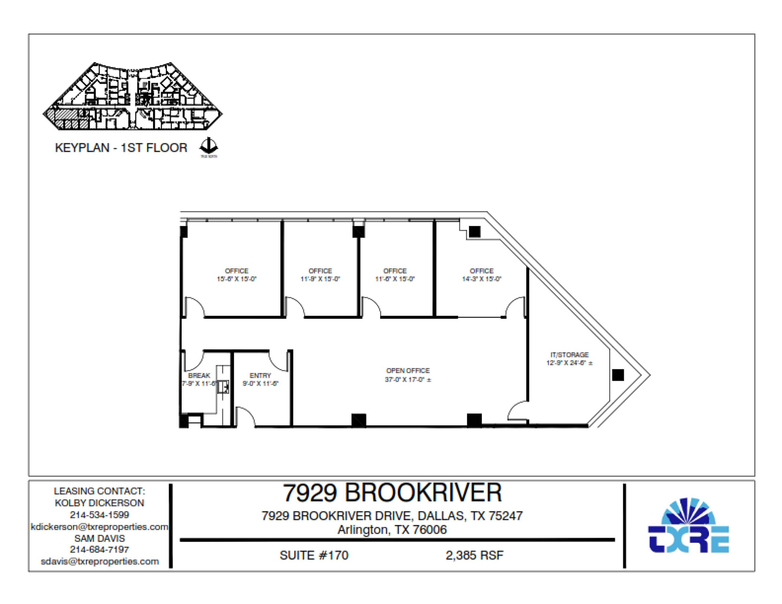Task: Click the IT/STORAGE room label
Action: pyautogui.click(x=569, y=355)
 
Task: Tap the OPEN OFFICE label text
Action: pyautogui.click(x=408, y=371)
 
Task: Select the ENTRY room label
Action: pyautogui.click(x=260, y=375)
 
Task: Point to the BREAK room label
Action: pyautogui.click(x=199, y=375)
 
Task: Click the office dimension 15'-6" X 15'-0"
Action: pyautogui.click(x=236, y=279)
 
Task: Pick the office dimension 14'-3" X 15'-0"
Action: pyautogui.click(x=481, y=279)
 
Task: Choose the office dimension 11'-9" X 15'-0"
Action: pyautogui.click(x=320, y=279)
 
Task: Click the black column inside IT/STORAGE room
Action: pyautogui.click(x=618, y=375)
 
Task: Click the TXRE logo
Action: pyautogui.click(x=688, y=526)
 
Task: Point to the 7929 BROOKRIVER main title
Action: pyautogui.click(x=392, y=493)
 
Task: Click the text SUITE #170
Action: pyautogui.click(x=314, y=555)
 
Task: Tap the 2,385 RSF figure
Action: pyautogui.click(x=474, y=555)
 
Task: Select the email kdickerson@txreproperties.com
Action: pyautogui.click(x=99, y=527)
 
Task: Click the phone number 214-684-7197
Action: pyautogui.click(x=99, y=549)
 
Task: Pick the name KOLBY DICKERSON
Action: pyautogui.click(x=99, y=503)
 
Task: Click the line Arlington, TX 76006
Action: pyautogui.click(x=392, y=530)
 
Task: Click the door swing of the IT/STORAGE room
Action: pyautogui.click(x=517, y=411)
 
